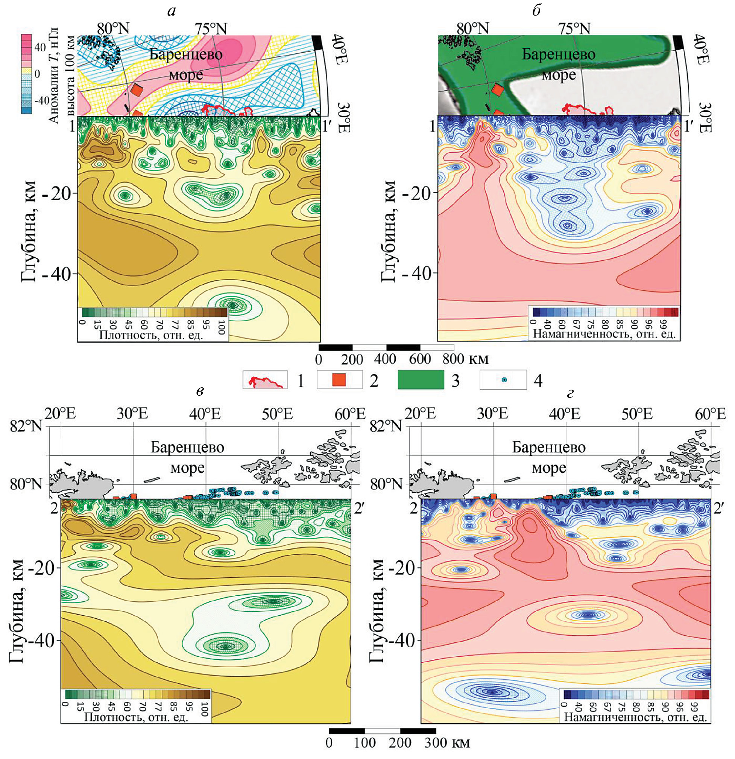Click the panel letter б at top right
536,11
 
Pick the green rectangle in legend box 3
421,379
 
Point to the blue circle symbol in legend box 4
504,380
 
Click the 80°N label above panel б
472,28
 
